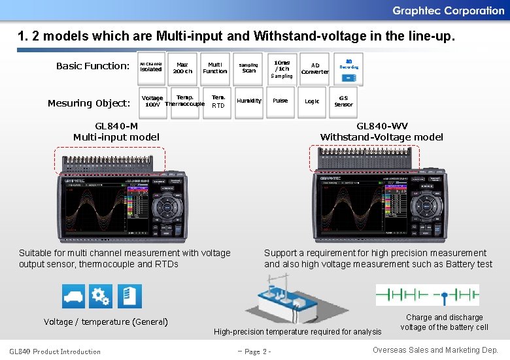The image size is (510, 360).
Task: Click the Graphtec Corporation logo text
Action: point(448,10)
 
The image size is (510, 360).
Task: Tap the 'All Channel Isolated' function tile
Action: point(151,67)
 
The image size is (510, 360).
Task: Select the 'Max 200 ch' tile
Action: point(182,68)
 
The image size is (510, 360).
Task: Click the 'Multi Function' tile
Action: point(214,68)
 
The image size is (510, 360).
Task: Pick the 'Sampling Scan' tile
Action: point(248,68)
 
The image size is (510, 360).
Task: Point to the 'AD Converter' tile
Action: point(314,68)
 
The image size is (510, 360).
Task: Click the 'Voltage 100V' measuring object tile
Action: point(152,101)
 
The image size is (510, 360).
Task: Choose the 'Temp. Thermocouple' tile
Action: point(184,101)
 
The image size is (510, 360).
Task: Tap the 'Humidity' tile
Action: point(248,101)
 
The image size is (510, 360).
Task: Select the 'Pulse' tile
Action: point(280,101)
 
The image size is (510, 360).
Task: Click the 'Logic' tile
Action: point(312,101)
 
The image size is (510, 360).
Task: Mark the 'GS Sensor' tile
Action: point(343,101)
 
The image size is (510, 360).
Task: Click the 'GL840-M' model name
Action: point(116,126)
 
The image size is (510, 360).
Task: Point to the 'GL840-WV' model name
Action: point(382,126)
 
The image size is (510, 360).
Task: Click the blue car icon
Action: point(74,296)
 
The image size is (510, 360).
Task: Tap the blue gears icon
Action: point(101,296)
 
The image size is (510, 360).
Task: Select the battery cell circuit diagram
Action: point(427,295)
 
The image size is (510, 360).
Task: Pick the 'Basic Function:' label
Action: point(93,66)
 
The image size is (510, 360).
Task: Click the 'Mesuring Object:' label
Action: point(89,103)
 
